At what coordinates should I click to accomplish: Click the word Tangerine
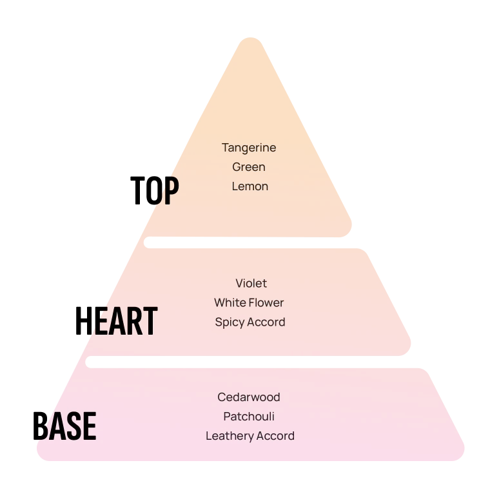coord(249,148)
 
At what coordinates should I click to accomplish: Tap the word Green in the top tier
coord(249,167)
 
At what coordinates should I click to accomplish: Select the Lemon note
coord(250,186)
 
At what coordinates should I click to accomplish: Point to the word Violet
coord(251,283)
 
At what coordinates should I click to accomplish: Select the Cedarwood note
coord(249,397)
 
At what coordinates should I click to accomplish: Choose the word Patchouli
coord(249,417)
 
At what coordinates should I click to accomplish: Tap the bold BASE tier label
coord(68,426)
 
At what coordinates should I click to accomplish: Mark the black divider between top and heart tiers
coord(245,242)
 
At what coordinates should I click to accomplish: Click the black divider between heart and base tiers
coord(245,362)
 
